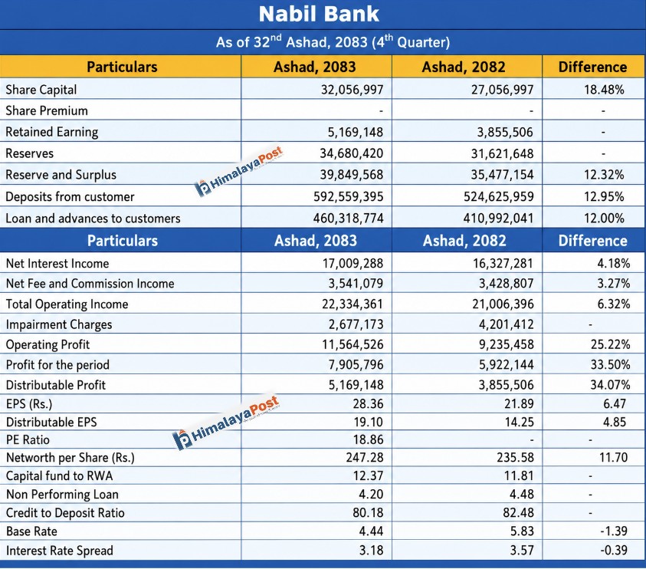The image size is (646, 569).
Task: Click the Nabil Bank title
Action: [319, 14]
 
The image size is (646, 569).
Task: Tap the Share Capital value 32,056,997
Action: [353, 90]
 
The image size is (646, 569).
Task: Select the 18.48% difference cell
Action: [604, 90]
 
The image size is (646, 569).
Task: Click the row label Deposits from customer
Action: [70, 196]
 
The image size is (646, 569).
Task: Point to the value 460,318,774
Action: [348, 218]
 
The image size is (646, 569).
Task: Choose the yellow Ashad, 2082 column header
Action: [464, 67]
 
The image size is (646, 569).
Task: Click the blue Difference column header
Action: [593, 241]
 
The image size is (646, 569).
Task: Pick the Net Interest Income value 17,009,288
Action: [353, 263]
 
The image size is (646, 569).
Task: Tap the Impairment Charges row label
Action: [59, 324]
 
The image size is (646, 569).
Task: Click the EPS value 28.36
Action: [368, 403]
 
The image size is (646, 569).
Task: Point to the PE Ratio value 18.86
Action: [368, 439]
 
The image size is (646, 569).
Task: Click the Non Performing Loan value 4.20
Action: [371, 494]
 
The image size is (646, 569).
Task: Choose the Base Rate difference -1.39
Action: [614, 531]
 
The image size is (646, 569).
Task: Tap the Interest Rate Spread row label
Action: [60, 551]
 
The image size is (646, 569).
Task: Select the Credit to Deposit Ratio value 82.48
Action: [518, 512]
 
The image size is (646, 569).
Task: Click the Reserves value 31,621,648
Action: [503, 153]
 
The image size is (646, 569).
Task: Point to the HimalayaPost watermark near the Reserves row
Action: [238, 171]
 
